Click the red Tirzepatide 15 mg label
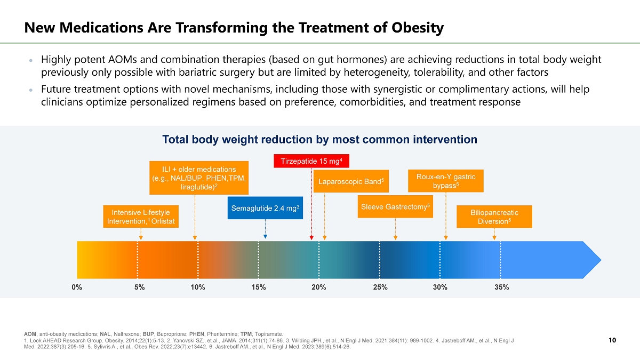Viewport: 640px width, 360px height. click(311, 161)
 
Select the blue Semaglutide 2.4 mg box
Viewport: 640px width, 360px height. click(266, 208)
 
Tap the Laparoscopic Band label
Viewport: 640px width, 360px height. click(350, 181)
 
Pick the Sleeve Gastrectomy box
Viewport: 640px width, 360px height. click(395, 206)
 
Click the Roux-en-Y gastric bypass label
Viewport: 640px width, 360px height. click(445, 180)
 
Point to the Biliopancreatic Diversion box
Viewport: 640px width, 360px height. click(494, 217)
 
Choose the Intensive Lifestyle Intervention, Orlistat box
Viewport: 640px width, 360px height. click(141, 217)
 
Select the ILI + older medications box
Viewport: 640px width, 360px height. click(199, 178)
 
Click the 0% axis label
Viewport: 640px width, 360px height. click(77, 287)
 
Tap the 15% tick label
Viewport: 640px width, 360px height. click(258, 287)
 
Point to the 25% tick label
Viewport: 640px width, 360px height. click(380, 287)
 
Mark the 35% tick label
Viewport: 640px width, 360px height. click(501, 287)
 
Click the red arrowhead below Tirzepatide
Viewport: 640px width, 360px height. click(311, 238)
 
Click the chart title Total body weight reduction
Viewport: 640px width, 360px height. click(319, 140)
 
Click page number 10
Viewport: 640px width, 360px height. click(612, 340)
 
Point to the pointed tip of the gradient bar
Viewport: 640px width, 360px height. click(600, 260)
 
